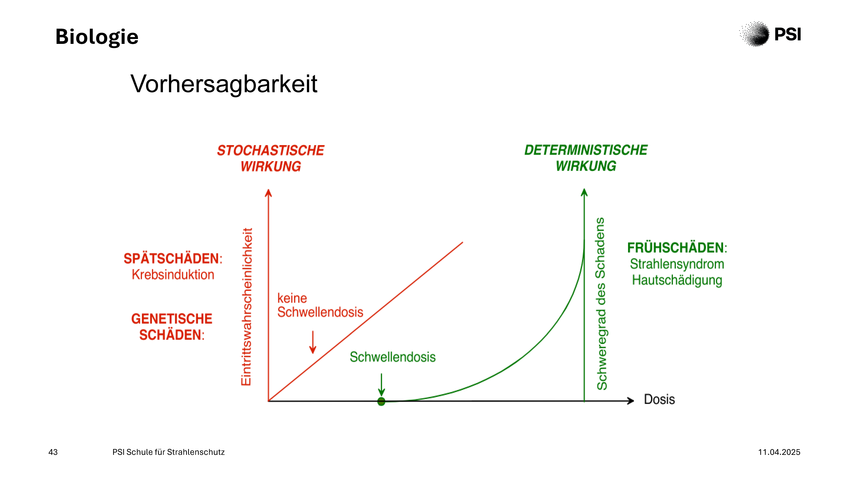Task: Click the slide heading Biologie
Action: point(97,37)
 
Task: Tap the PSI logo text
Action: point(787,34)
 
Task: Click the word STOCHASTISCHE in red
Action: point(271,150)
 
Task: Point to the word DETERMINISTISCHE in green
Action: point(586,150)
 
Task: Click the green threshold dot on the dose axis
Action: point(381,401)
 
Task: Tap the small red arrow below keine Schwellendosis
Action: point(313,342)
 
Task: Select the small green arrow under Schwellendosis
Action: point(381,385)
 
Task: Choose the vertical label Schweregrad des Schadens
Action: point(601,303)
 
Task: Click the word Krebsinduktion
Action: point(173,274)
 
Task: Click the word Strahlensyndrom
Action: point(677,264)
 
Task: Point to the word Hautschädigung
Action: point(677,280)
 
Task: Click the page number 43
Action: point(53,452)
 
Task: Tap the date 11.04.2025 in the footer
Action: point(779,452)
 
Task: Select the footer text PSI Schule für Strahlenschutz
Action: point(168,452)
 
